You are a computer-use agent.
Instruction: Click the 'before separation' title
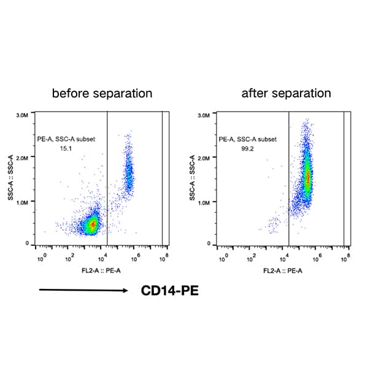102,94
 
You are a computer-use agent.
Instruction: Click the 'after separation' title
286,94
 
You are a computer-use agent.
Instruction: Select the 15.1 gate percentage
65,148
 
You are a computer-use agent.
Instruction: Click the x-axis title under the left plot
101,270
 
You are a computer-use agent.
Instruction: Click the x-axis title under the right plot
283,270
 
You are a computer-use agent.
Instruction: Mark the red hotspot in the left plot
93,224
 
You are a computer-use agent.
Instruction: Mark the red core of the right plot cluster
308,179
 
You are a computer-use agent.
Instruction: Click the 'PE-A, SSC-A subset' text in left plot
65,139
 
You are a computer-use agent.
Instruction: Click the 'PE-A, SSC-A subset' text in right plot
247,139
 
